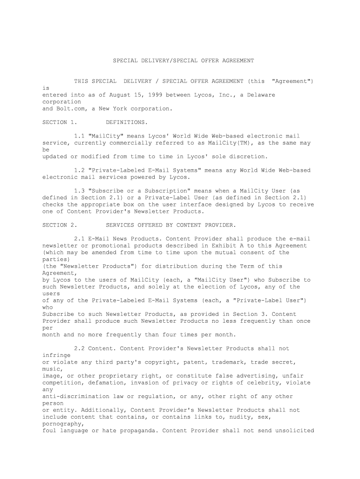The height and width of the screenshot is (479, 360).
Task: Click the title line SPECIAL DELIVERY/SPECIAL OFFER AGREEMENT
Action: pyautogui.click(x=184, y=61)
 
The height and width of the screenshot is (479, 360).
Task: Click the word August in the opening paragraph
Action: pyautogui.click(x=120, y=95)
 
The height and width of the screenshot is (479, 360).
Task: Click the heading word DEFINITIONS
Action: pyautogui.click(x=127, y=123)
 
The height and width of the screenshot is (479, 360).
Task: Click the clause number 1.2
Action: pyautogui.click(x=79, y=170)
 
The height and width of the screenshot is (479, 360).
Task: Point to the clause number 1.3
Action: pyautogui.click(x=79, y=191)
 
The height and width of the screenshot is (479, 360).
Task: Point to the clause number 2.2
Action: pyautogui.click(x=79, y=348)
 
